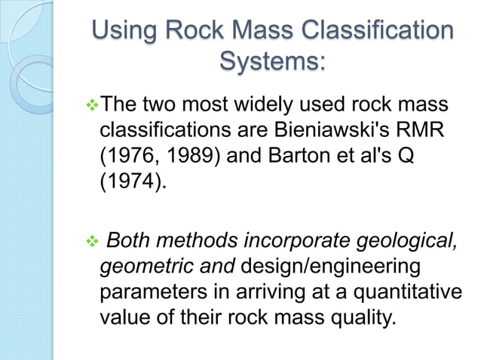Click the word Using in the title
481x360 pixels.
[x=124, y=32]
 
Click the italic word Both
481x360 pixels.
[x=130, y=241]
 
